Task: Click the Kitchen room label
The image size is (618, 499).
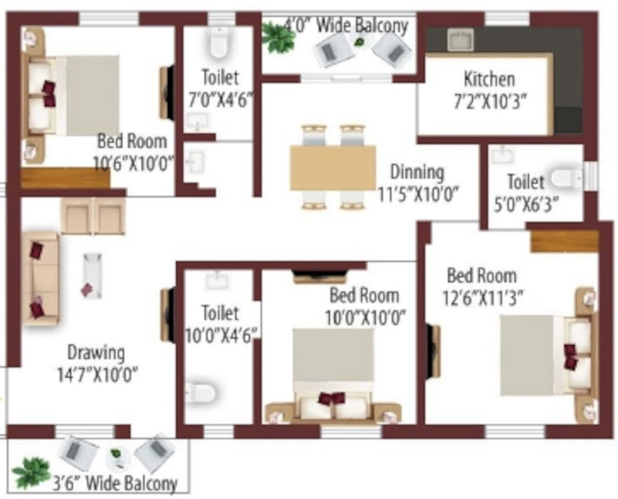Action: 489,79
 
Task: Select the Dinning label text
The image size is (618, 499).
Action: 417,172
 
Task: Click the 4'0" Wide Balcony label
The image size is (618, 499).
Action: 346,26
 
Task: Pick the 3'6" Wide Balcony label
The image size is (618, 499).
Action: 114,483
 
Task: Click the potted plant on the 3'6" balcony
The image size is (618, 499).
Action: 31,471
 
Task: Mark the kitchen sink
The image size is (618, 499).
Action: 460,40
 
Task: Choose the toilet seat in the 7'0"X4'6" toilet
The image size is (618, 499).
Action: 217,44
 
